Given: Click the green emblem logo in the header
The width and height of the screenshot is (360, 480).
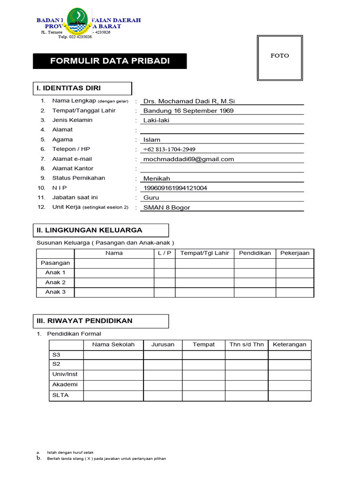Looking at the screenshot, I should coord(77,22).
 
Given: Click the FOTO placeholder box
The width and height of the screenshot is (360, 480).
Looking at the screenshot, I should coord(279,58).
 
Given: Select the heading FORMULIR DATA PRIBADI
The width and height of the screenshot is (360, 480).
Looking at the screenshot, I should coord(110,61).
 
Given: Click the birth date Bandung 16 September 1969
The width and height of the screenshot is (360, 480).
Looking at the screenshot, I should coord(188,111).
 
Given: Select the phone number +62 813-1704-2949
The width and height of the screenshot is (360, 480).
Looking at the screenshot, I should coord(169,150).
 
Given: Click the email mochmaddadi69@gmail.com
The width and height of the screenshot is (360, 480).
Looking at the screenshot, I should coord(188,159).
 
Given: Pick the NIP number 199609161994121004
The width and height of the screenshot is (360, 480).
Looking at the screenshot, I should coord(175,188).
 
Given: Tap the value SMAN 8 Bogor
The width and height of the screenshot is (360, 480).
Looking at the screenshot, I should coord(167,208).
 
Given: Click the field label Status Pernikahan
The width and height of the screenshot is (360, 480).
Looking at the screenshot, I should coord(79,178).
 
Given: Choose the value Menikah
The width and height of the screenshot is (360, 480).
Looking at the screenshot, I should coord(157,179).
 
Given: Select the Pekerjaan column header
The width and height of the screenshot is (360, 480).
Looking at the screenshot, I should coord(295,253).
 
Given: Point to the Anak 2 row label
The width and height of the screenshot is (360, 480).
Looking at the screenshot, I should coord(55,282).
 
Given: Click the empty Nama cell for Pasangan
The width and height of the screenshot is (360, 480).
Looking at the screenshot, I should coord(114,263).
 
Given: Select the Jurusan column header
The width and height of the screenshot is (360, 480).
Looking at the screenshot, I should coord(163,345).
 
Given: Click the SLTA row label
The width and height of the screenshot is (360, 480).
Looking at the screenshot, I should coord(60,395).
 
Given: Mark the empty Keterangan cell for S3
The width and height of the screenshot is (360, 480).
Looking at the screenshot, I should coord(289,355).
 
